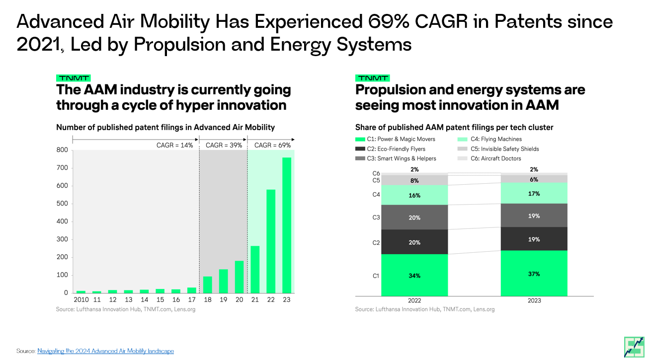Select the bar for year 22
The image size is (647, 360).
271,241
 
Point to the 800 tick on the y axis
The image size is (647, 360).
62,150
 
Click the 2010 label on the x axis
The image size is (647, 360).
81,300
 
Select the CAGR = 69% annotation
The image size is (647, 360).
272,145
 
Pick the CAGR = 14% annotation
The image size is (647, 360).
174,145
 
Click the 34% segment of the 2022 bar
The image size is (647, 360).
414,275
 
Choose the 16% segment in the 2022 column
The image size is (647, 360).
414,195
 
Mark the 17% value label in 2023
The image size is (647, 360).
534,193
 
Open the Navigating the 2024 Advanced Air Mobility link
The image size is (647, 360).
105,351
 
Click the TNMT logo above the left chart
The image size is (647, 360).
73,78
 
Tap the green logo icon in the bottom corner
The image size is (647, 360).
634,346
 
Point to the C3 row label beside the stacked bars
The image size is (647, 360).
376,217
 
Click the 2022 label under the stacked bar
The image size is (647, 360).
414,300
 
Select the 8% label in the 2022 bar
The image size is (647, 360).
414,181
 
